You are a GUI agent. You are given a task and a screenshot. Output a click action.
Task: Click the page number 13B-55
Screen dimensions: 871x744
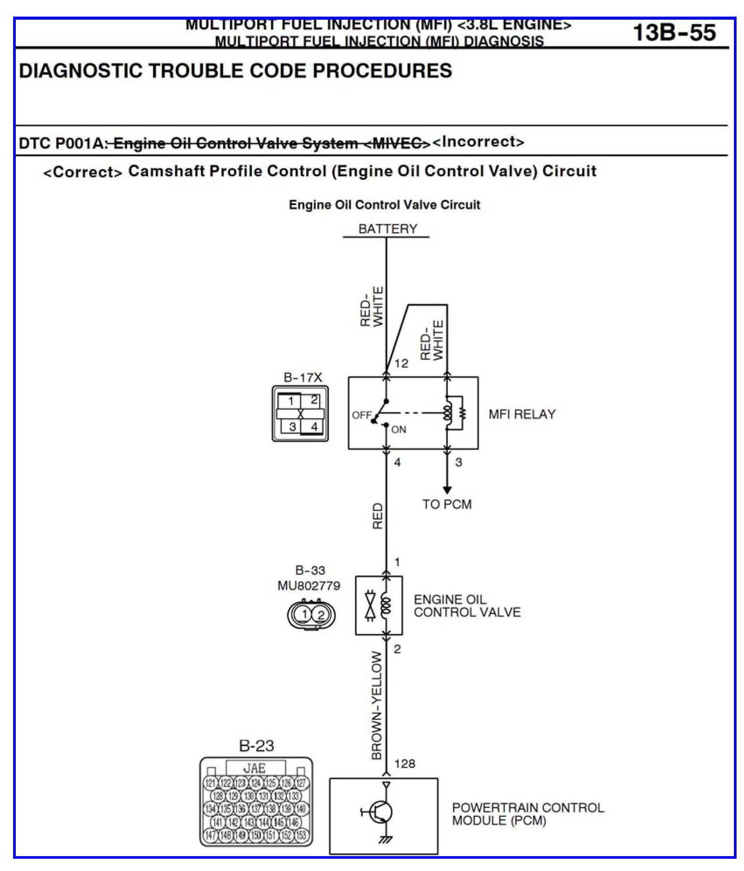tap(674, 33)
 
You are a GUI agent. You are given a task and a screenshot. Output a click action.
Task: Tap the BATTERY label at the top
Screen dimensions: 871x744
tap(388, 229)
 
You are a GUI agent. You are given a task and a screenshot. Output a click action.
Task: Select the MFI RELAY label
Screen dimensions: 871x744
tap(522, 414)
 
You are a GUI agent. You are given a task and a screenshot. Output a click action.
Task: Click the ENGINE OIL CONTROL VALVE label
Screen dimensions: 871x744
tap(467, 606)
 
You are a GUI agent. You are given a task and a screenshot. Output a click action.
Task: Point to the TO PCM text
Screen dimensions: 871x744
tap(447, 504)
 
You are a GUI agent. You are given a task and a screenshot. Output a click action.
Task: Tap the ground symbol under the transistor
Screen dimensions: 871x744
tap(386, 839)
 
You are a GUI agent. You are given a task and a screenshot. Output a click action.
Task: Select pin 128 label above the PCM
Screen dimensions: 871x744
tap(405, 764)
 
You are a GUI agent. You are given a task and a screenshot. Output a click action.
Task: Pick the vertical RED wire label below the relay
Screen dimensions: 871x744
tap(377, 516)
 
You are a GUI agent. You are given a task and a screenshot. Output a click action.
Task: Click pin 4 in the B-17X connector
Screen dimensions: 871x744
tap(314, 427)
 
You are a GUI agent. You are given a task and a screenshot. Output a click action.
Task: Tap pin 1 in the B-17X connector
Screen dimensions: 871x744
tap(291, 401)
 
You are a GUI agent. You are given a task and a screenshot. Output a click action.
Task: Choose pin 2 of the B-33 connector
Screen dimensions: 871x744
tap(321, 615)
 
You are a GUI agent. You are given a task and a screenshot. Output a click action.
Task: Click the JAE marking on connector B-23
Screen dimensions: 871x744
tap(255, 768)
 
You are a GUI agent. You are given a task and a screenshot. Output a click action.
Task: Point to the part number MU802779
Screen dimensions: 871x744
tap(309, 585)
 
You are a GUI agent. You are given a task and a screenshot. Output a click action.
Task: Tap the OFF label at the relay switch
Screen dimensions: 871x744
tap(361, 415)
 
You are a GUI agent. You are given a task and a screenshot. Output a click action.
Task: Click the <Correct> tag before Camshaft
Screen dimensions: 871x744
tap(83, 172)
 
